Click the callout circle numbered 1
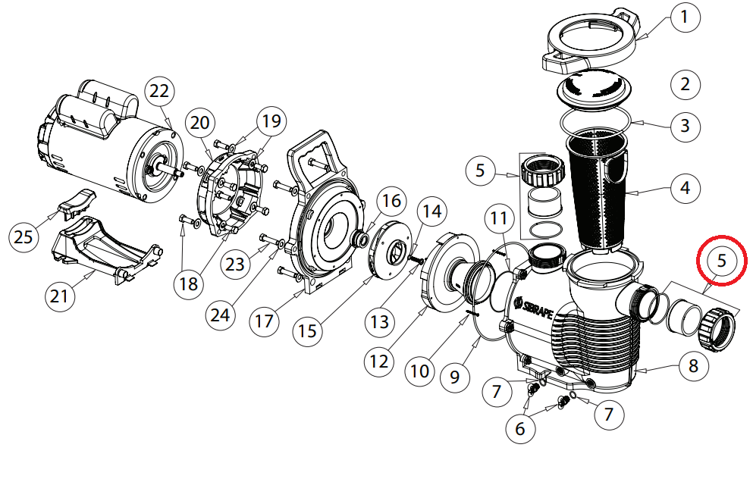point(686,17)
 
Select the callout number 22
point(158,90)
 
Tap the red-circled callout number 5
point(721,261)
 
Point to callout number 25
point(24,237)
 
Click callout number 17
point(263,321)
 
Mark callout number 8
point(692,368)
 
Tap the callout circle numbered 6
point(519,428)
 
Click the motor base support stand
point(106,250)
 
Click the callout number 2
point(686,83)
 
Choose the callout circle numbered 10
point(419,371)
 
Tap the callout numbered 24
point(220,315)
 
